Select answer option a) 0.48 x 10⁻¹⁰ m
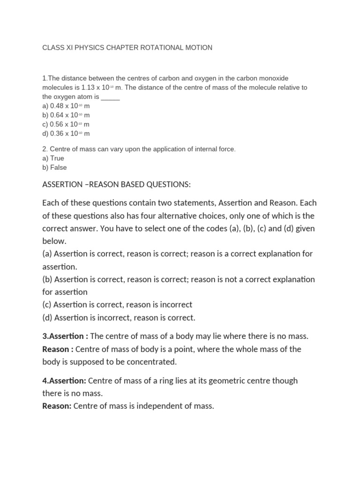tap(66, 106)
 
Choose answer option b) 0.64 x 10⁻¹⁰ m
tap(66, 115)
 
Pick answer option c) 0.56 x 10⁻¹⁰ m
tap(66, 124)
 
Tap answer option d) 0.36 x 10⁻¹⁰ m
tap(66, 134)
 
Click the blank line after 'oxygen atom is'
tap(110, 97)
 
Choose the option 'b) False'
tap(54, 167)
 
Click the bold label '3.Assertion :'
tap(65, 337)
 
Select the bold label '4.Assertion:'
tap(64, 381)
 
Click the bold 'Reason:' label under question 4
tap(57, 406)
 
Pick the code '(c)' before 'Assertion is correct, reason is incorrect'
tap(47, 305)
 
